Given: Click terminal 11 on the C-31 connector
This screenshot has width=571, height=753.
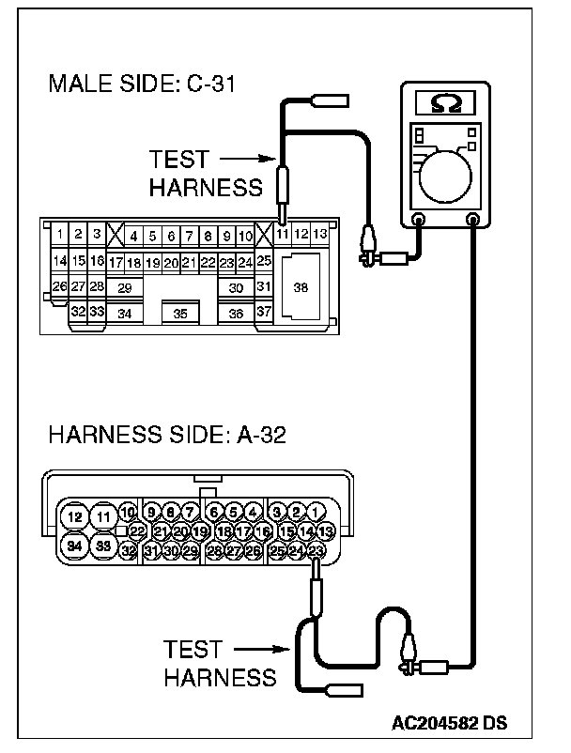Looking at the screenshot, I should (283, 233).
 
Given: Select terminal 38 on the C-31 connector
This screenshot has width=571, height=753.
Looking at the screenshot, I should (301, 286).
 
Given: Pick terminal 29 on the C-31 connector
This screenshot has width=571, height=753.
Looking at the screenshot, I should (124, 286).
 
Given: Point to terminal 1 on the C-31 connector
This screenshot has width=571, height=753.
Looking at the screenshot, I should (60, 233).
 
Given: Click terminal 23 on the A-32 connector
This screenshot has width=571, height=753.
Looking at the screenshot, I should (316, 551).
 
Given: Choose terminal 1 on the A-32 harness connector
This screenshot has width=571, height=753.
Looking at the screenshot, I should (316, 512).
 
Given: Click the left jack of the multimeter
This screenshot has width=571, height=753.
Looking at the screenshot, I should (419, 221).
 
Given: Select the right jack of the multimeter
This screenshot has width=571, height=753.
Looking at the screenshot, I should (472, 221).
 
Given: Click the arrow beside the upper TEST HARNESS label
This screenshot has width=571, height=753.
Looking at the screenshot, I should (250, 160).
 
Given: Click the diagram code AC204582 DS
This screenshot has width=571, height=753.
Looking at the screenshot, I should (450, 723).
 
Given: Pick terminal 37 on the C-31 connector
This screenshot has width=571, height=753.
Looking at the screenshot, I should (264, 312).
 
